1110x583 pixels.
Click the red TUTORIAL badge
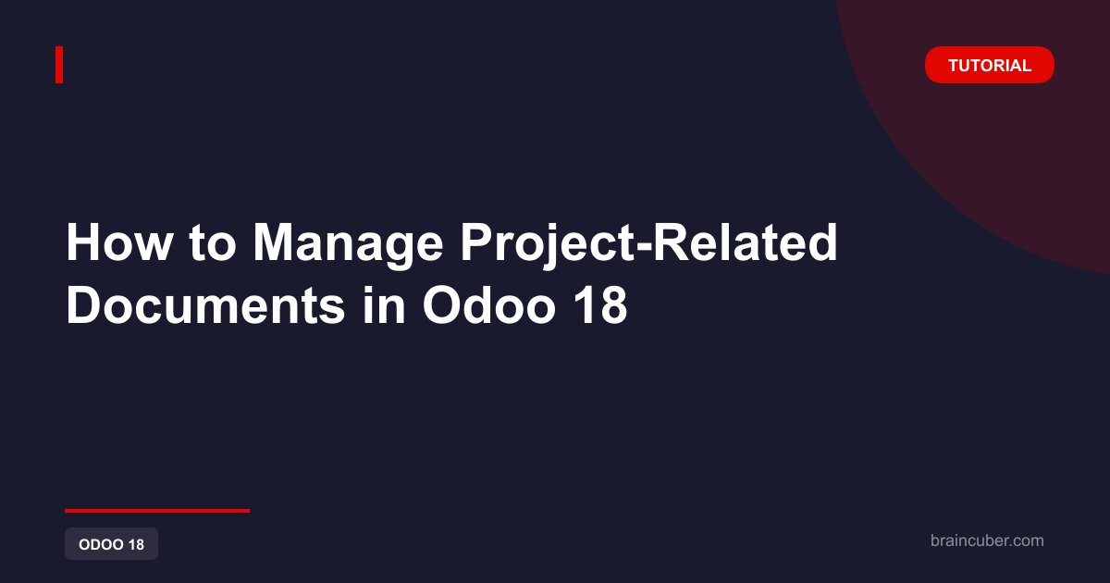[990, 65]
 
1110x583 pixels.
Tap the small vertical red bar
[59, 65]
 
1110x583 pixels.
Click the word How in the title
[119, 242]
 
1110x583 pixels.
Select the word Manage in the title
[348, 246]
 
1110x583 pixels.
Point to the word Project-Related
[649, 246]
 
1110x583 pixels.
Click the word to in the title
[213, 244]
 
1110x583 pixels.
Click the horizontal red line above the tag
[157, 511]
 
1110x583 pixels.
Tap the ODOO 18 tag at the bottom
[112, 544]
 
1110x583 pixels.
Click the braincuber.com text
[987, 540]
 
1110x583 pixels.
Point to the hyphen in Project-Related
[643, 247]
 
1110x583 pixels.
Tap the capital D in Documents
[83, 304]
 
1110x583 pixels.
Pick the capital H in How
[83, 242]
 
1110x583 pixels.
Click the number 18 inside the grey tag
[136, 544]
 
